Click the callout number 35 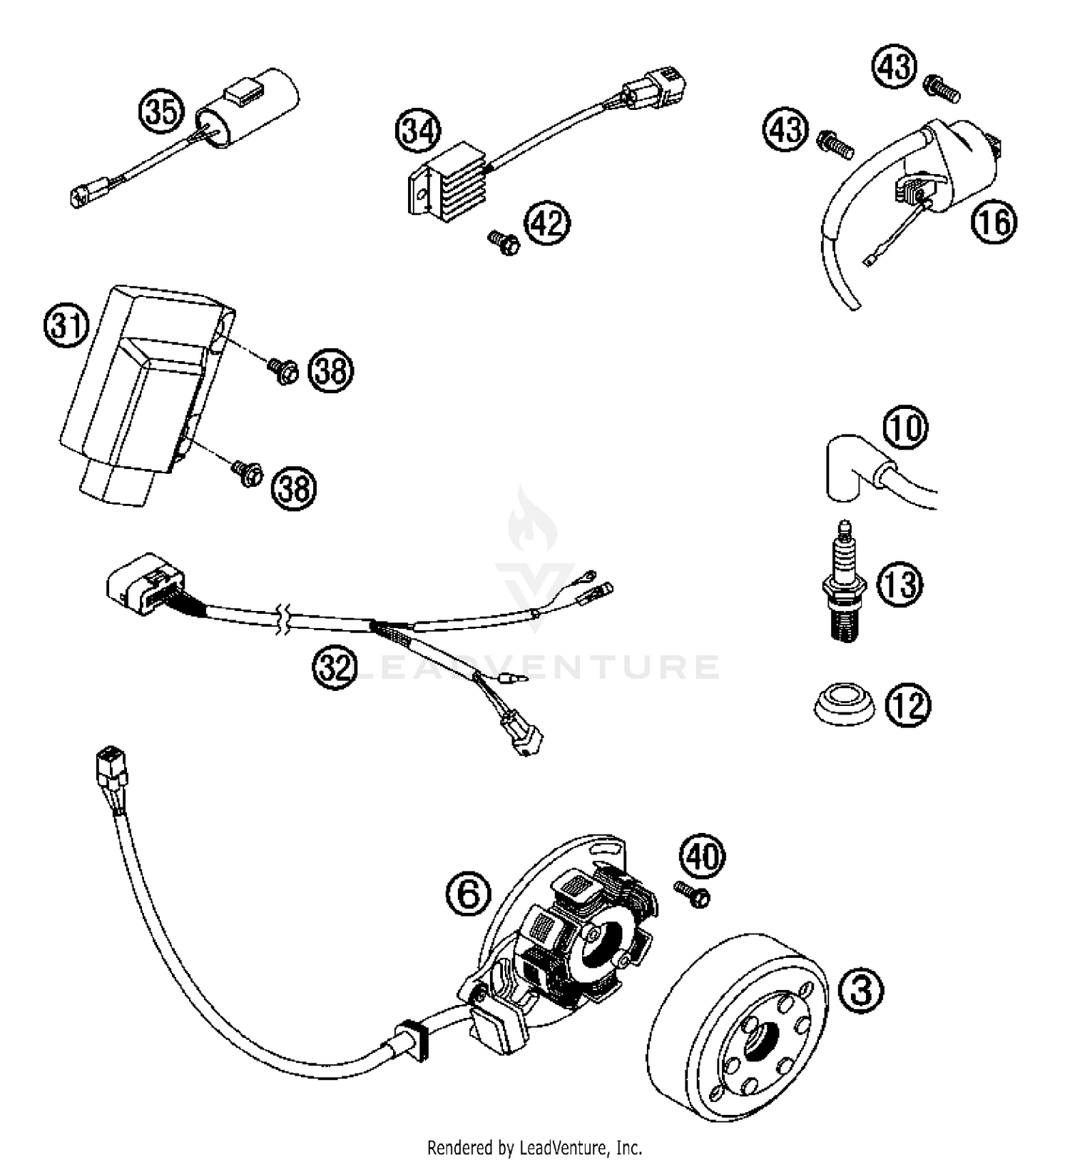162,112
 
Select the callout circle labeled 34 418,131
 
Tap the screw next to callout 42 504,243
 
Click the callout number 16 994,223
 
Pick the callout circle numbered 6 469,894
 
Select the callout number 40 703,855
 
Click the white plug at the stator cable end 111,763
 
